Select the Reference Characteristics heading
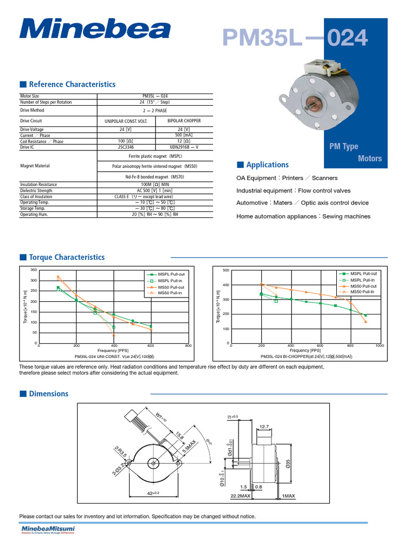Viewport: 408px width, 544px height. coord(72,84)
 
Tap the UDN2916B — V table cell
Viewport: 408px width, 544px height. coord(183,147)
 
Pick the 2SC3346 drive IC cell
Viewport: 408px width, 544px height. coord(129,147)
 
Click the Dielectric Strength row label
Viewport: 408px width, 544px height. coord(36,190)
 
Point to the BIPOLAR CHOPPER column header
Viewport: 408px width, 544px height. coord(183,121)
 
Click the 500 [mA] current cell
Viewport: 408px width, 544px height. coord(183,135)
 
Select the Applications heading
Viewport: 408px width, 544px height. coord(267,165)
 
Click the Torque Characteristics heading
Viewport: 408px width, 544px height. coord(66,257)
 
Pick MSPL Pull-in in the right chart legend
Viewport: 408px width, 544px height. coord(362,280)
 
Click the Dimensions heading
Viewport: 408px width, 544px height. coord(48,394)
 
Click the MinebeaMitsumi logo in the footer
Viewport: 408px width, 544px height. coord(48,530)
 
